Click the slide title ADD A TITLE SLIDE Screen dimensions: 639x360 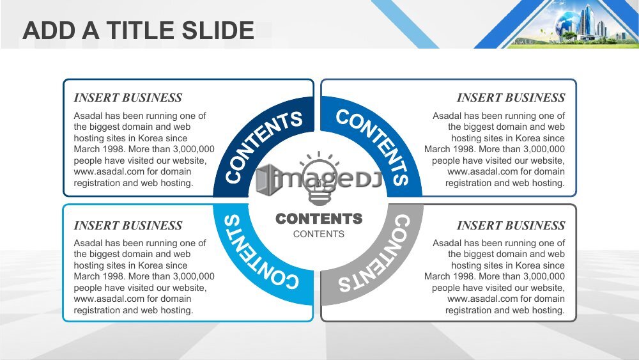[139, 30]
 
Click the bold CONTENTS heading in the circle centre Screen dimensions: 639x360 [319, 219]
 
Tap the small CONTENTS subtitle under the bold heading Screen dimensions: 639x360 [319, 234]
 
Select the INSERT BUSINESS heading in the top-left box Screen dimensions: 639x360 [128, 97]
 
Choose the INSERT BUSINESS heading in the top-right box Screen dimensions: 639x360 [511, 97]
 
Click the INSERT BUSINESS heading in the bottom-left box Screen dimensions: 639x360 [128, 225]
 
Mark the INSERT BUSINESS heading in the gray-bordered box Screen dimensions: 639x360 [511, 225]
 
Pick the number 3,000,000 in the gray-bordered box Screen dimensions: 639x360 [544, 276]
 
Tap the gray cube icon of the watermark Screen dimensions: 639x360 [265, 178]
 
